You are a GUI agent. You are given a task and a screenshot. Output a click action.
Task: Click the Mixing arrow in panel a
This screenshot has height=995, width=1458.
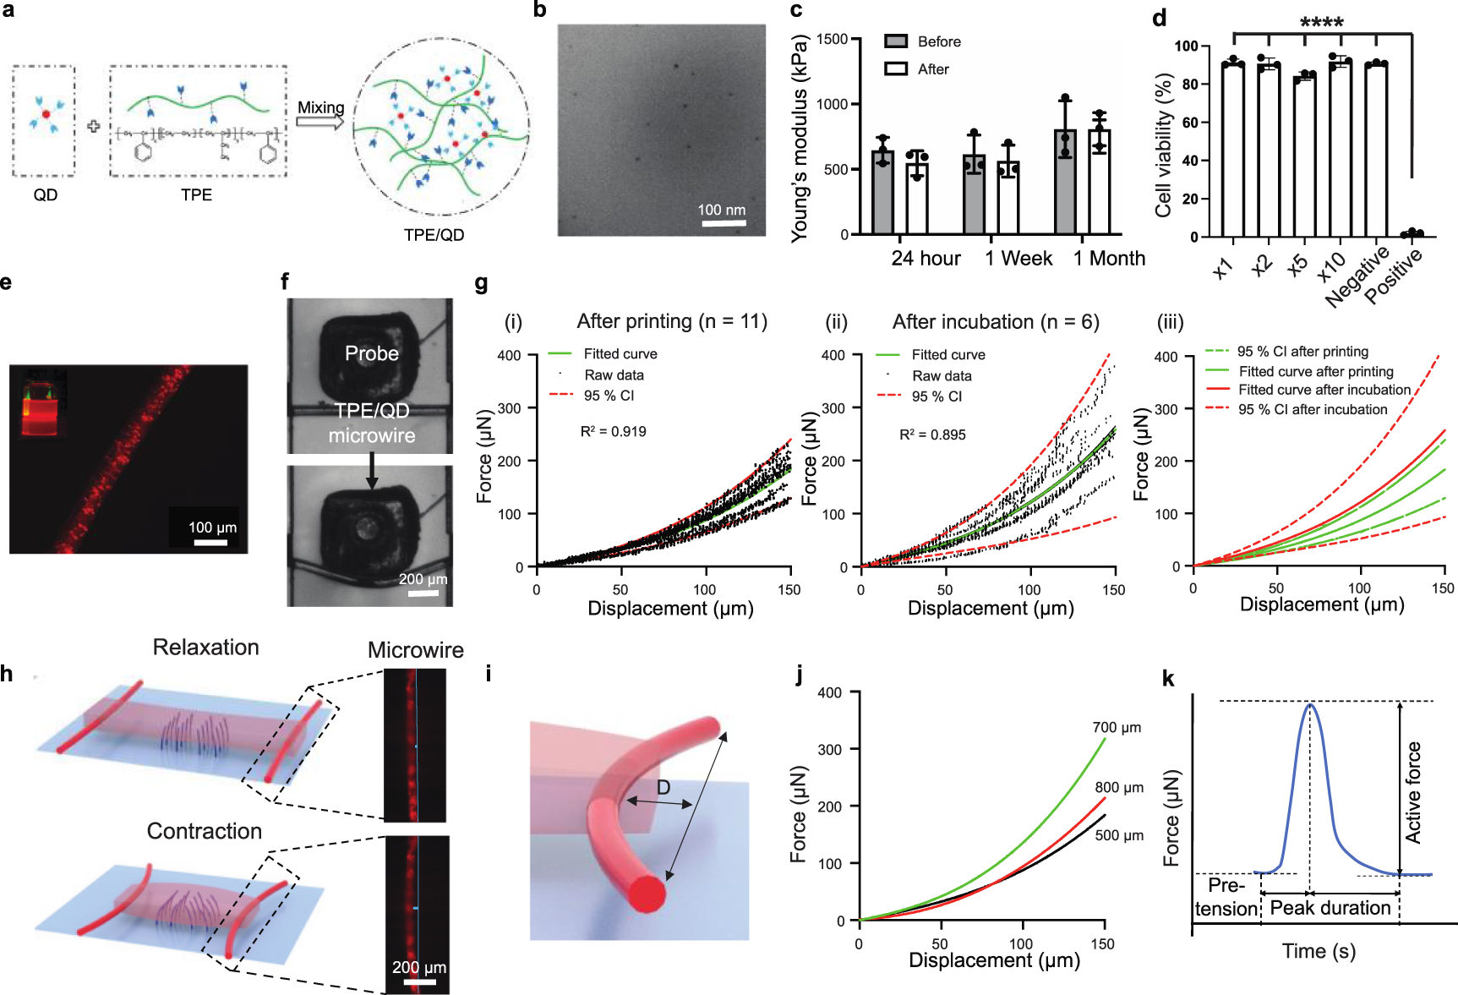[x=319, y=123]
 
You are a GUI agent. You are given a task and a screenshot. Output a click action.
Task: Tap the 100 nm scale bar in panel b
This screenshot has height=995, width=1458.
[x=723, y=224]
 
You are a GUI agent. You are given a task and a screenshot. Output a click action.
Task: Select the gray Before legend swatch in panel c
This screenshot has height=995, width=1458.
[x=896, y=41]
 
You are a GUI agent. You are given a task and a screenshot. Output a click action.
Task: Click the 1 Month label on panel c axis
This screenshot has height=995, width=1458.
[x=1109, y=259]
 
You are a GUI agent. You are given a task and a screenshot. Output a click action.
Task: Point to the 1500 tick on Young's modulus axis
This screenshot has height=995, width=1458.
[x=833, y=39]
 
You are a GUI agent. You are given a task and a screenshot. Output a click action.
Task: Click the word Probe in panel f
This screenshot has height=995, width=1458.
[x=371, y=353]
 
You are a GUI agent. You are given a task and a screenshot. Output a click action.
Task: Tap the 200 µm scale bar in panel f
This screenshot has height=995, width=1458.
[x=423, y=593]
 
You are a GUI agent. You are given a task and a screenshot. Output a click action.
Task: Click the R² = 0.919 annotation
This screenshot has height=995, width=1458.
[x=613, y=431]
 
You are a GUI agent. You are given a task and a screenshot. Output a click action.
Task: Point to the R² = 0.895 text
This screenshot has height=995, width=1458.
[x=932, y=435]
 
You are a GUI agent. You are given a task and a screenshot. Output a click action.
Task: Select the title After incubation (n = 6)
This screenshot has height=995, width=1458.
[x=996, y=322]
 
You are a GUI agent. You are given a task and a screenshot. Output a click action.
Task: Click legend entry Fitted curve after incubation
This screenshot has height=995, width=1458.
[x=1324, y=390]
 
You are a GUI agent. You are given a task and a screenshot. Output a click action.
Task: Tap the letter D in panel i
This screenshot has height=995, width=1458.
[x=663, y=788]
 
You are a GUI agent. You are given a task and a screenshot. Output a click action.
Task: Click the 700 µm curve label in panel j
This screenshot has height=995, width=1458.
[x=1116, y=727]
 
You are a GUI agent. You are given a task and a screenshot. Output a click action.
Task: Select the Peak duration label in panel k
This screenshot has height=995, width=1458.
[x=1330, y=908]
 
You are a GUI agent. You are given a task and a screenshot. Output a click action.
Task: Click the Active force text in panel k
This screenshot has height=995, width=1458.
[x=1413, y=792]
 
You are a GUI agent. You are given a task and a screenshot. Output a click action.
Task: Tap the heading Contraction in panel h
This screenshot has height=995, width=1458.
[x=205, y=831]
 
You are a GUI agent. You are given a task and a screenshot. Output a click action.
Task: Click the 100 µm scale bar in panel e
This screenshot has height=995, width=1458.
[x=210, y=542]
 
